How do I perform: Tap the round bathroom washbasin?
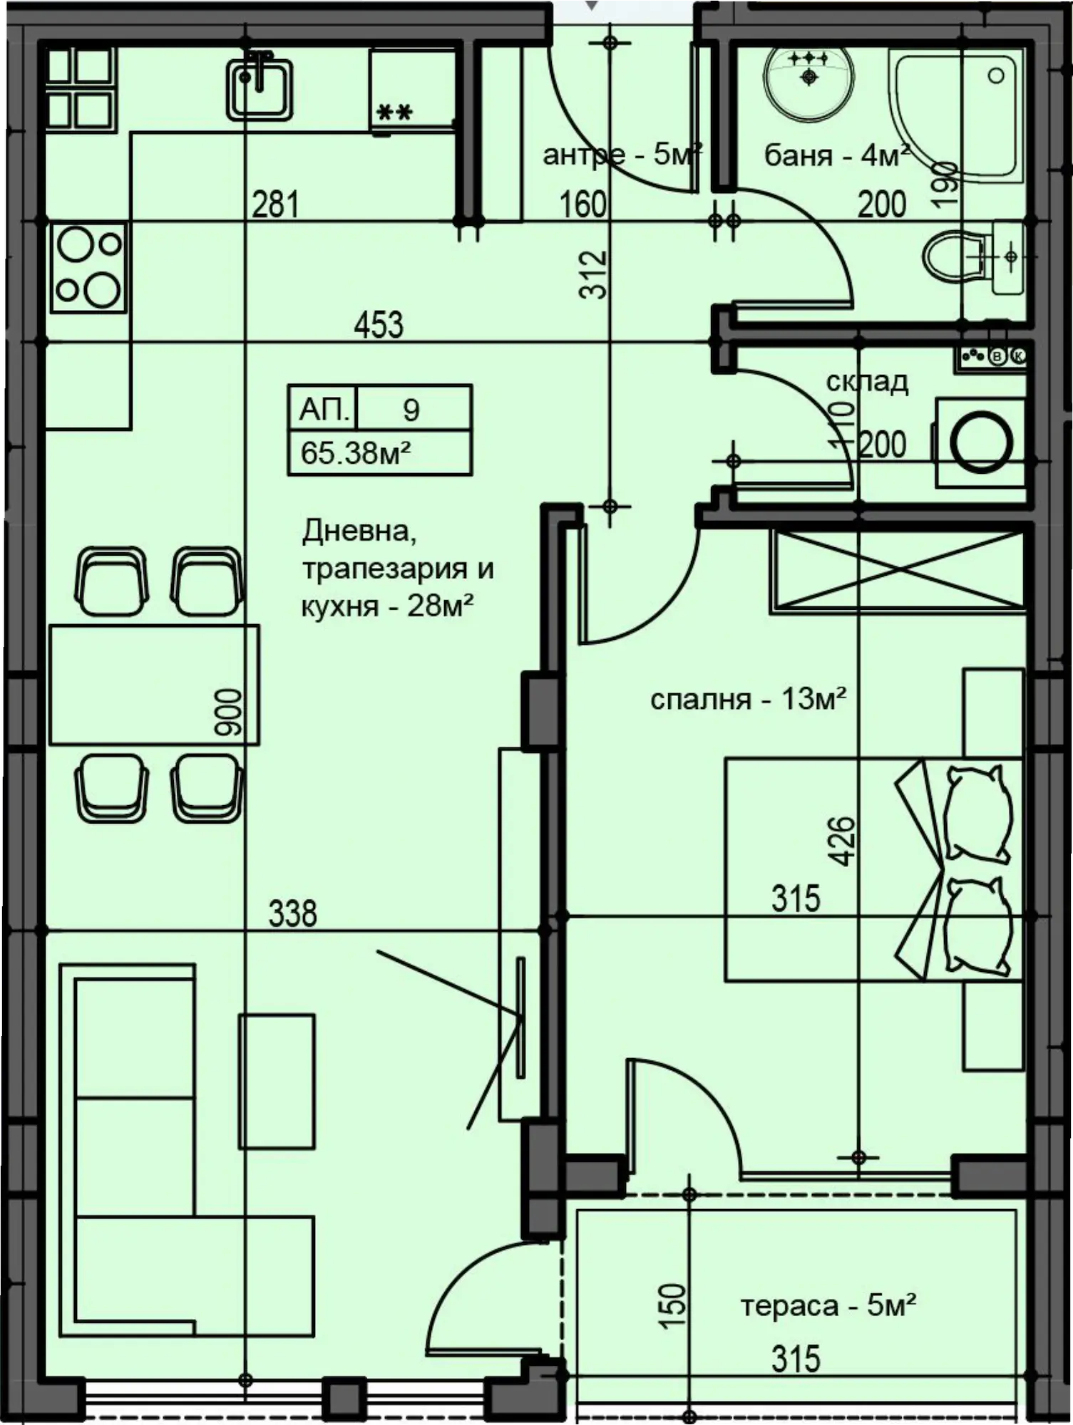[x=808, y=81]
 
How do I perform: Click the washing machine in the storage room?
[x=980, y=443]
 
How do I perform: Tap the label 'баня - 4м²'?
[x=836, y=155]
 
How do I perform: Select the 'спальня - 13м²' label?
[x=748, y=699]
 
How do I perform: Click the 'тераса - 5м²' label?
[x=828, y=1305]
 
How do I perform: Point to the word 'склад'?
[x=867, y=382]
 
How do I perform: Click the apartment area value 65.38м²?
[x=356, y=452]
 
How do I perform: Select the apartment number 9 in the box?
[x=411, y=410]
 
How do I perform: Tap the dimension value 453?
[x=379, y=325]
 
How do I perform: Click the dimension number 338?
[x=292, y=913]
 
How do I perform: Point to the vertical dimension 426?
[x=843, y=841]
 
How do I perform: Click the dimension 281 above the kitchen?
[x=275, y=204]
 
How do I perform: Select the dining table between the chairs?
[x=154, y=685]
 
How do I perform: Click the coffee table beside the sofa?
[x=277, y=1081]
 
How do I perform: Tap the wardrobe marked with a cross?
[x=898, y=571]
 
